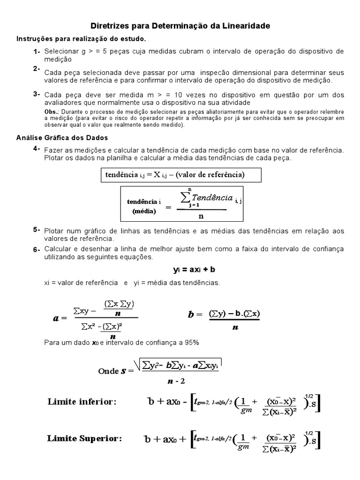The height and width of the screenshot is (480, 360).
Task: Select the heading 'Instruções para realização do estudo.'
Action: [81, 38]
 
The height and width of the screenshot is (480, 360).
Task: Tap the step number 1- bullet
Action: [37, 51]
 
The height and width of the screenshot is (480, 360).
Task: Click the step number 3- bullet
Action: [37, 94]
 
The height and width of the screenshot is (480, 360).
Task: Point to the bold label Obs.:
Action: [51, 112]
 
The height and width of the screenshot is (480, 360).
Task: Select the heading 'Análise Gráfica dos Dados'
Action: [62, 138]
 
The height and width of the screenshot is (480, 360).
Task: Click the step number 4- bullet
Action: [37, 149]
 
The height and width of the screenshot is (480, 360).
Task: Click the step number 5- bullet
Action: [37, 230]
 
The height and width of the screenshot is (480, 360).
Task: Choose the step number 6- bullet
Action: [37, 249]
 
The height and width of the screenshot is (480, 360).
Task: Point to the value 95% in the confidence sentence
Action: [191, 343]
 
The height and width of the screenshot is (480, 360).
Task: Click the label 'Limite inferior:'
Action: [82, 402]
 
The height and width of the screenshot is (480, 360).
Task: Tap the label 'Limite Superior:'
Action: [84, 439]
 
